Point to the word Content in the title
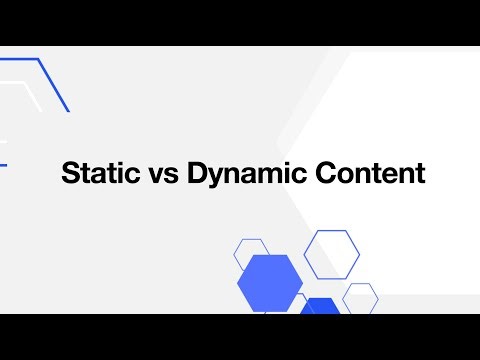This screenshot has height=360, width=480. (x=370, y=174)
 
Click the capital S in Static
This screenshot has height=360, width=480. (x=70, y=174)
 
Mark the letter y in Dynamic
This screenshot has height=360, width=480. (x=214, y=177)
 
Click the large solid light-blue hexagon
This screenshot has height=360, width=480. (x=270, y=283)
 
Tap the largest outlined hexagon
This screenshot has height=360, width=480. (x=331, y=254)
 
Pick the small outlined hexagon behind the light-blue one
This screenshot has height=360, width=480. (x=250, y=251)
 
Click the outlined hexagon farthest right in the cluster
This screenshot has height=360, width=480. (x=360, y=297)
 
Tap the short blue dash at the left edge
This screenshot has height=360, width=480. (x=3, y=165)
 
